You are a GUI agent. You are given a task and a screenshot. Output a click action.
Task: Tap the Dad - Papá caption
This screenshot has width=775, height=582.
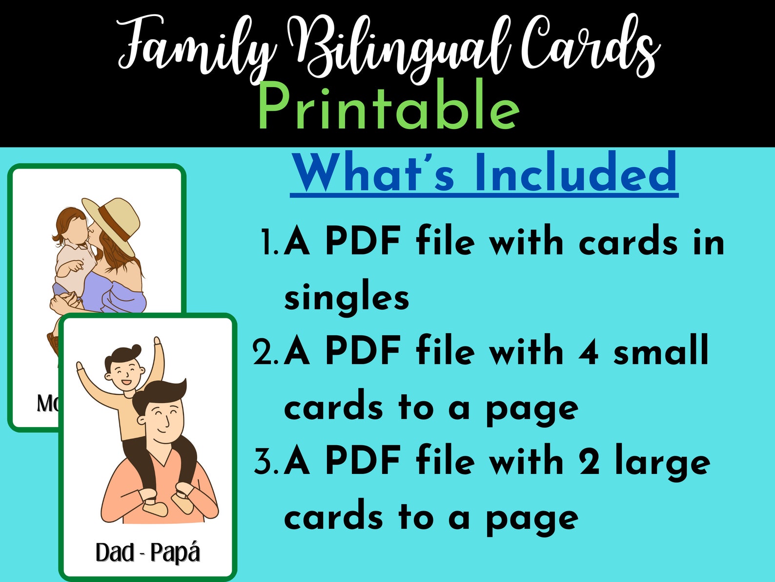pos(147,553)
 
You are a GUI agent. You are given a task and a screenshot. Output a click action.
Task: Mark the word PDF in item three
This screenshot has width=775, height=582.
pos(364,462)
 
